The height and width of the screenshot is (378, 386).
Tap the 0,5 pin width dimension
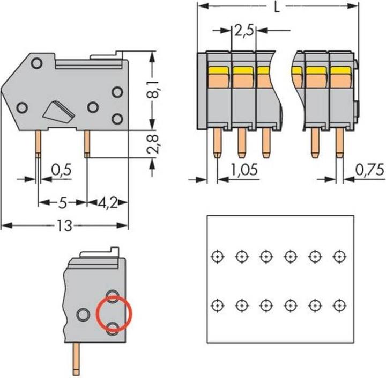coord(61,171)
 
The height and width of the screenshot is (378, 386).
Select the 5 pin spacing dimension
coord(62,203)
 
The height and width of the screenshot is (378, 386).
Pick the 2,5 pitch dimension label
coord(243,31)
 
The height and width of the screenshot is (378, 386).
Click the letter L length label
coord(276,8)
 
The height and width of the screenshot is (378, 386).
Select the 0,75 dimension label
coord(369,171)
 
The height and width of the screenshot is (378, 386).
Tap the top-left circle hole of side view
coord(36,64)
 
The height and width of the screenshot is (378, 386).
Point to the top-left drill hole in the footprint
coord(216,256)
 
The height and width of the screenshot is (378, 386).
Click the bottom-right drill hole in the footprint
coord(339,306)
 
